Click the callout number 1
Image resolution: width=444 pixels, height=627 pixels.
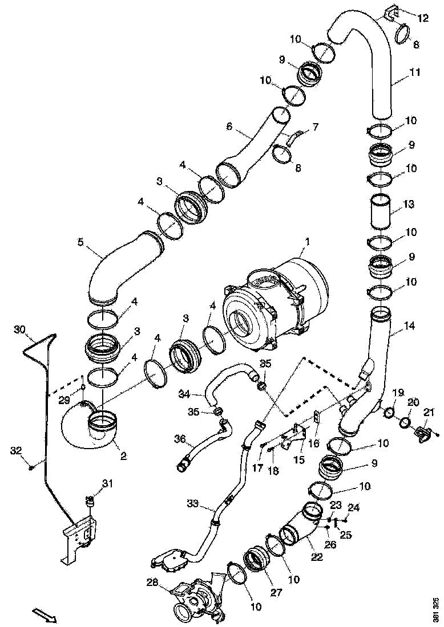click(x=307, y=242)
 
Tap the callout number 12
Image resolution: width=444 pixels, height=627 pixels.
click(x=422, y=19)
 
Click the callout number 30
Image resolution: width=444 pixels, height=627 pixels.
click(x=20, y=330)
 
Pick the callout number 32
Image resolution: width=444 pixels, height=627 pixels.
click(x=16, y=450)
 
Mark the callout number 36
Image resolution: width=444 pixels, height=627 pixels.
click(x=180, y=438)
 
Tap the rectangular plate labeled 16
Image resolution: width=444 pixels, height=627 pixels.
click(x=316, y=417)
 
